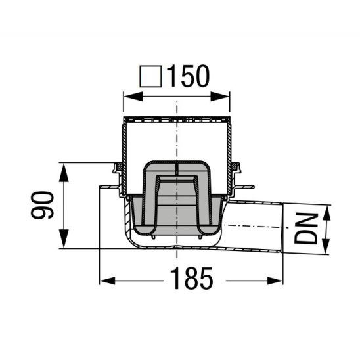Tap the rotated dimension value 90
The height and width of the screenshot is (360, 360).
(x=44, y=206)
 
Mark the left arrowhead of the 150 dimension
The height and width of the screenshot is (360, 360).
(x=129, y=97)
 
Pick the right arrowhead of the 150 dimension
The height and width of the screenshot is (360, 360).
(x=225, y=97)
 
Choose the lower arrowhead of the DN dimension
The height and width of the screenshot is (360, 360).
(x=326, y=248)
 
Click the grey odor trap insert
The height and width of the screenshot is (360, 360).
(x=176, y=197)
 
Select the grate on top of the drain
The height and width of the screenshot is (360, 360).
(x=176, y=122)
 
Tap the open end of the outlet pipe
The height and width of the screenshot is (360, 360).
(x=282, y=228)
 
